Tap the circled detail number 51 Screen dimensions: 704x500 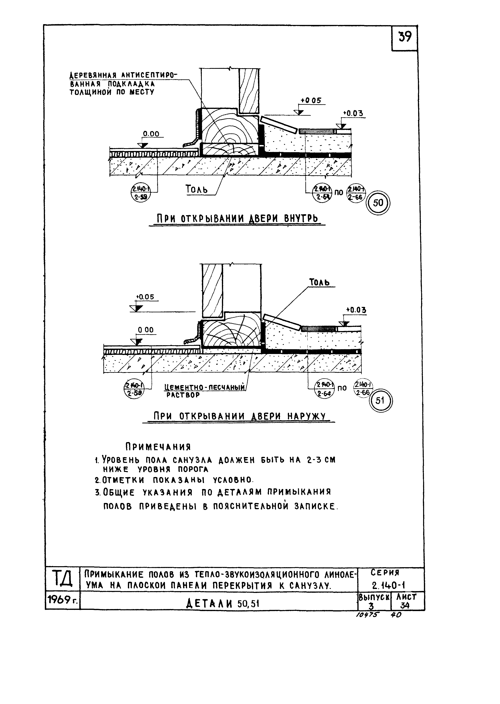(381, 400)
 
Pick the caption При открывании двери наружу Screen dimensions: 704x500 (239, 416)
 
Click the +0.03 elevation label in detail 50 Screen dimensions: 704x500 (353, 113)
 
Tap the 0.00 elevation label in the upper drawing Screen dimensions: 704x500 (151, 134)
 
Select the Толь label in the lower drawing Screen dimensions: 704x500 (319, 282)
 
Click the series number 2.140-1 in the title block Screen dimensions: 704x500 (389, 585)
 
